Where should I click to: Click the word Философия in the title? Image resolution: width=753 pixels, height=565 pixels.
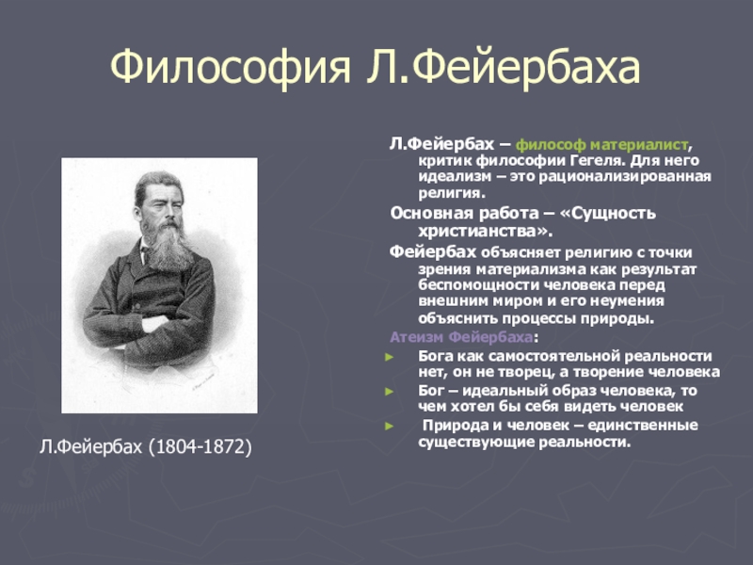(231, 67)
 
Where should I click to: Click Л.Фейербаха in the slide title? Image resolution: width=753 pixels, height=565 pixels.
(503, 66)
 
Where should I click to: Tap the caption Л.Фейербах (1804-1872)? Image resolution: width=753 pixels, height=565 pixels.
(146, 446)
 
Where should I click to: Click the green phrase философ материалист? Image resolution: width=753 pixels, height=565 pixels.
(601, 145)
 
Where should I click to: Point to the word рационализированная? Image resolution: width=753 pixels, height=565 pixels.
(625, 176)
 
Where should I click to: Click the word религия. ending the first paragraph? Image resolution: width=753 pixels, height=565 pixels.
(452, 193)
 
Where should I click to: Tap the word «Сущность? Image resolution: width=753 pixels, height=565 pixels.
(607, 213)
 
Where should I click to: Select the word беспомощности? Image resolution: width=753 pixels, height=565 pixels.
(478, 285)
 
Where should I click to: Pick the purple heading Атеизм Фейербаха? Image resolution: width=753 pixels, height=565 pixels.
(461, 337)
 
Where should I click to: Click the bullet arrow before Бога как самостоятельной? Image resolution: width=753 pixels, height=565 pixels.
(389, 357)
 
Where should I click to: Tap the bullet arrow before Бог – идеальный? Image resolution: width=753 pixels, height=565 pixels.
(389, 392)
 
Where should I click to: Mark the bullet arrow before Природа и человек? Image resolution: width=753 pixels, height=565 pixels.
(389, 427)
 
